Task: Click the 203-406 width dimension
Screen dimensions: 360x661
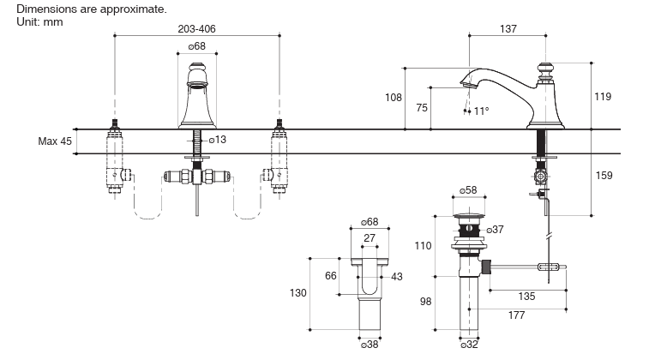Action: pos(196,28)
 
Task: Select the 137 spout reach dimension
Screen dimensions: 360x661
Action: pos(508,28)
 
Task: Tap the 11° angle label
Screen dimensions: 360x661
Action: pos(481,111)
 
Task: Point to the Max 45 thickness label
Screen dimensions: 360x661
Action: pos(55,141)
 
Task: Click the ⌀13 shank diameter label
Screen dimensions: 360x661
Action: pos(218,139)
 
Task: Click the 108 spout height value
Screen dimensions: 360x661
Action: pos(393,98)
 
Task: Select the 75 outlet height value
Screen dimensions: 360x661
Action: pos(422,107)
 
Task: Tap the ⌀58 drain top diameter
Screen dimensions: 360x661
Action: pos(468,189)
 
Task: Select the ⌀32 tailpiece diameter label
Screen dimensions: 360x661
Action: pos(469,345)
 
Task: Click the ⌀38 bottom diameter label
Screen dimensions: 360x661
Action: pos(370,345)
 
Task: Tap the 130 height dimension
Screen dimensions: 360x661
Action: pos(297,293)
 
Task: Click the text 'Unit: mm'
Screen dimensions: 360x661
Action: pos(39,21)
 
